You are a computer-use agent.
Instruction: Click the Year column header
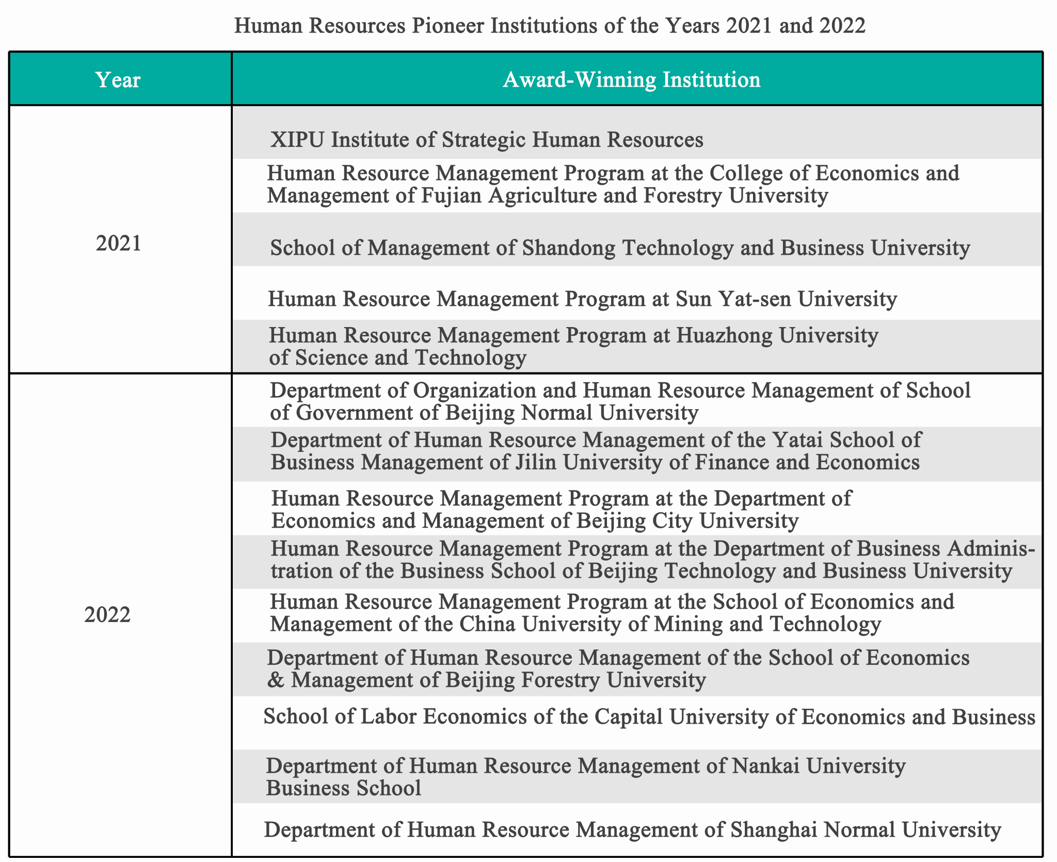point(118,80)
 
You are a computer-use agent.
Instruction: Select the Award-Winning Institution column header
point(631,80)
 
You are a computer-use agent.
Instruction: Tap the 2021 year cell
point(119,243)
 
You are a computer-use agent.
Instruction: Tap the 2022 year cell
point(107,614)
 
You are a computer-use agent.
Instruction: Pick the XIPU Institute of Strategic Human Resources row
point(486,140)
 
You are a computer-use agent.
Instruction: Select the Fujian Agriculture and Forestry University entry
point(613,184)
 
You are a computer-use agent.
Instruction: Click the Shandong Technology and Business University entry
point(620,248)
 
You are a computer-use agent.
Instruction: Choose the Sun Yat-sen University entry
point(582,299)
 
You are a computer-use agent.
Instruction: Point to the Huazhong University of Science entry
point(573,346)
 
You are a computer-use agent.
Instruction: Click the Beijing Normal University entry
point(620,401)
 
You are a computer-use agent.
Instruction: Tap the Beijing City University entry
point(561,510)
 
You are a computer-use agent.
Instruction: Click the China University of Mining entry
point(612,613)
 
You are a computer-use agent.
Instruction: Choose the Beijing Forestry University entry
point(618,669)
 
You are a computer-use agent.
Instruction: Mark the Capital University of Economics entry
point(649,717)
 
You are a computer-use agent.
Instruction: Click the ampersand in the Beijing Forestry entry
point(276,680)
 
